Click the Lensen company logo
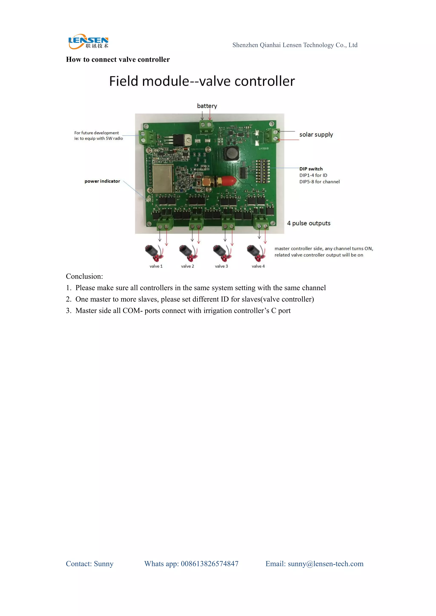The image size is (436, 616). point(88,42)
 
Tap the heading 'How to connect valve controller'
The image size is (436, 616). point(118,59)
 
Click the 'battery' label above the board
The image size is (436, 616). point(207,106)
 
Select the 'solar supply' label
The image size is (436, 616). point(316,135)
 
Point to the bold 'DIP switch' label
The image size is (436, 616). point(311,169)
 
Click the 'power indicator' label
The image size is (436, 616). point(102,181)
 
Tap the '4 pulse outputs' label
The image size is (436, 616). point(308,223)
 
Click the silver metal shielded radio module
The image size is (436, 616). point(163,179)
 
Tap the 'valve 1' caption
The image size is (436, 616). point(156,266)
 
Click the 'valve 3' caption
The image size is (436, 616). point(221,266)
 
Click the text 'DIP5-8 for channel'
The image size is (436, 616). point(320,182)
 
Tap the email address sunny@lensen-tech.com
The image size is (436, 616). point(325,564)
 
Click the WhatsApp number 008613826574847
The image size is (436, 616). point(209,564)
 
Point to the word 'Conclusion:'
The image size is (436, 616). point(84,276)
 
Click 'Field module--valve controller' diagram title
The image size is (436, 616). point(202,81)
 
